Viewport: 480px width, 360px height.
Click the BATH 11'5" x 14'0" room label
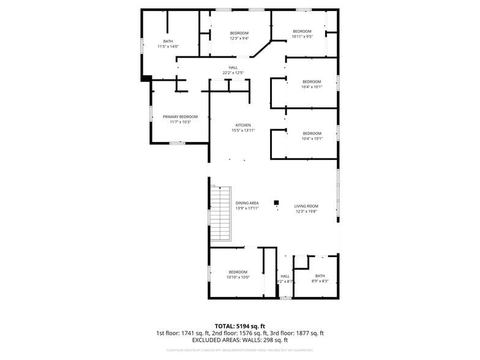(168, 44)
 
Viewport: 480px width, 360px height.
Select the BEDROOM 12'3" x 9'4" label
(239, 36)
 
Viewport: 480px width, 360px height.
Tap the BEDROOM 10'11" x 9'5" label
(302, 34)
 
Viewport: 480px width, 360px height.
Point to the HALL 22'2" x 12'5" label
(233, 70)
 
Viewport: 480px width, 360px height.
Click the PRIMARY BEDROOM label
(180, 119)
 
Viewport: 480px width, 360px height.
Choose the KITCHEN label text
(243, 127)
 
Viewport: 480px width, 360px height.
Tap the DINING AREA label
(247, 205)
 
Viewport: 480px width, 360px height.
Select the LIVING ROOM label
(306, 208)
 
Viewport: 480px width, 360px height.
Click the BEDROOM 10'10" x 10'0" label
(238, 274)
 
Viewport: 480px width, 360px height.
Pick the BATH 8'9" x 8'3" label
(320, 278)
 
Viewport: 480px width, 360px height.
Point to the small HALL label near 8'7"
(285, 279)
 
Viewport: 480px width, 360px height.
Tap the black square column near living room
(276, 202)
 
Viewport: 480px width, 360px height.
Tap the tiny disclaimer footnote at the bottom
(240, 350)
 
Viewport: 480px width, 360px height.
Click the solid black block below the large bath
(146, 78)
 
